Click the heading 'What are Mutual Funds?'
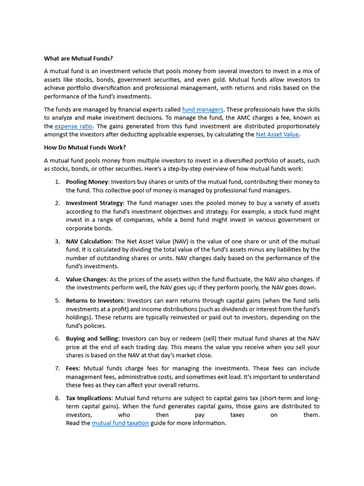[x=78, y=58]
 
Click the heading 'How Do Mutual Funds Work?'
[x=85, y=147]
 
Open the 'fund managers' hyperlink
[x=202, y=109]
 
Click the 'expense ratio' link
[x=74, y=126]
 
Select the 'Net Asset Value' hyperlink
[x=277, y=134]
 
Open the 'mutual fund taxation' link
[x=120, y=423]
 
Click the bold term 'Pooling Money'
[x=87, y=182]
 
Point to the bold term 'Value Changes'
[x=86, y=279]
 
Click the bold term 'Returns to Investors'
[x=95, y=300]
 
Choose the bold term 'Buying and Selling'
[x=92, y=338]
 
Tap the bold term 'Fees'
[x=73, y=368]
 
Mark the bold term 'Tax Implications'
[x=89, y=398]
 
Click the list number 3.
[x=57, y=242]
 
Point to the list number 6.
[x=57, y=338]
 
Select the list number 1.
[x=57, y=182]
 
